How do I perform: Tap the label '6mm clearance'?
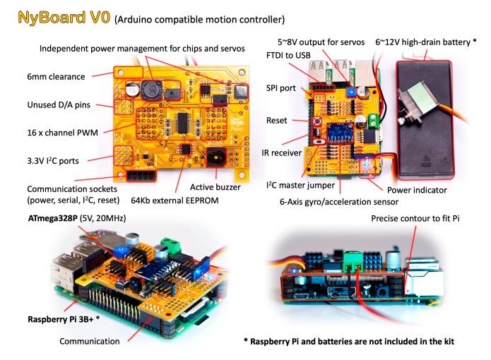tap(56, 76)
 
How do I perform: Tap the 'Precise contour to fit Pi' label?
tap(415, 219)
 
